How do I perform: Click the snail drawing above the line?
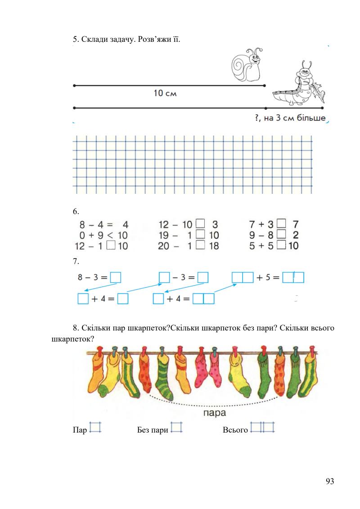point(247,65)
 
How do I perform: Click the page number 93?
point(330,482)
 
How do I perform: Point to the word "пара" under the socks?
point(214,411)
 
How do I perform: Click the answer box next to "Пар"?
point(95,427)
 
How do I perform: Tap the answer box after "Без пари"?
point(177,427)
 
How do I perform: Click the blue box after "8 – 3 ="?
point(116,278)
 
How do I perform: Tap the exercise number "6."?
point(76,211)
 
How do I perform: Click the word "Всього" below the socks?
point(235,430)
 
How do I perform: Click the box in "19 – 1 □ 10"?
point(201,234)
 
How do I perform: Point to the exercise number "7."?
point(76,261)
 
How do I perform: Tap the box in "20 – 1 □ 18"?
point(201,246)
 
